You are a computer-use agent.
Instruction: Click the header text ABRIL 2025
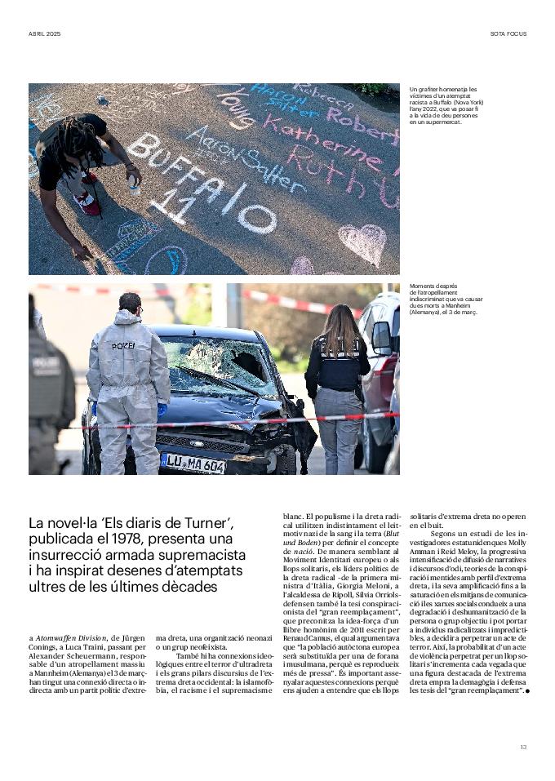[x=45, y=33]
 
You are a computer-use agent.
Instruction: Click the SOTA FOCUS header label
[x=508, y=33]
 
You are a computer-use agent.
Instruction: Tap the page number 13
[x=523, y=746]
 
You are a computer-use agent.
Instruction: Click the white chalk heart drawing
[x=362, y=242]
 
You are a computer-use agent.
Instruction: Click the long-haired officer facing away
[x=337, y=384]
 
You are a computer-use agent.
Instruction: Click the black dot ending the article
[x=528, y=691]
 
